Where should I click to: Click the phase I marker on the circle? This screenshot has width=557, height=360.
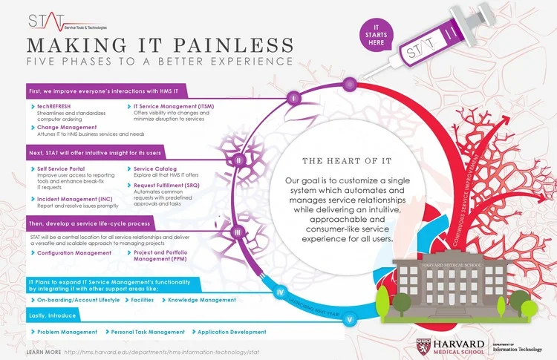click(293, 97)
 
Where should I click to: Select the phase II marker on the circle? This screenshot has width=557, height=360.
click(239, 160)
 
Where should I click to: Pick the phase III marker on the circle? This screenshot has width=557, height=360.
click(237, 232)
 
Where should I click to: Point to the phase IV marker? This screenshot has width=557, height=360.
click(280, 292)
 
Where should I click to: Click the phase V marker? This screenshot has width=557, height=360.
click(350, 319)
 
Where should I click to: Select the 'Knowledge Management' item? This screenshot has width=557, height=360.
click(201, 300)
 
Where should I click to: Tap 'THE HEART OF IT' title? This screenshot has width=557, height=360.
click(338, 160)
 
